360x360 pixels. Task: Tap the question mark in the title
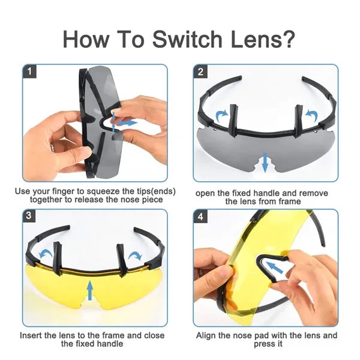(x=287, y=38)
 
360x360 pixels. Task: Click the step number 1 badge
(x=29, y=71)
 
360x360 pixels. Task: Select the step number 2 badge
(x=200, y=71)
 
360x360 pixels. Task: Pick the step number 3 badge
(x=29, y=216)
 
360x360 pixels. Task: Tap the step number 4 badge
(x=200, y=216)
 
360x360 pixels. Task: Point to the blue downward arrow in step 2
(x=265, y=163)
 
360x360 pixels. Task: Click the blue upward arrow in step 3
(x=90, y=290)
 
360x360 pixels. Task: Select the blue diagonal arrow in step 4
(x=274, y=268)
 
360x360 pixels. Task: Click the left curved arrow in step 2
(x=222, y=115)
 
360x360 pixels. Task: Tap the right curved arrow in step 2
(x=311, y=115)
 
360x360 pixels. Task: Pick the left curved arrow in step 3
(x=46, y=254)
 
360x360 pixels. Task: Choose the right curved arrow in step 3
(x=135, y=255)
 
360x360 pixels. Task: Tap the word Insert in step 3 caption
(x=31, y=335)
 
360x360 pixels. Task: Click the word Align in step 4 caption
(x=206, y=335)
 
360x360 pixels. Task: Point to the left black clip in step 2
(x=233, y=121)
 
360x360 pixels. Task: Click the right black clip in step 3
(x=122, y=260)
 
